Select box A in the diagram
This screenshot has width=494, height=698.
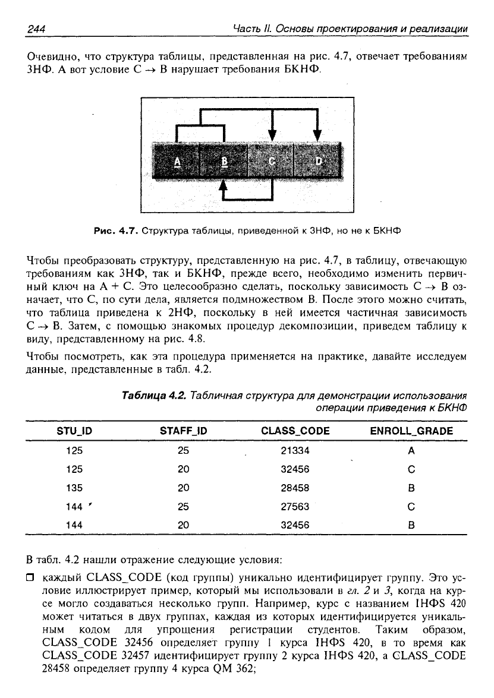coord(177,161)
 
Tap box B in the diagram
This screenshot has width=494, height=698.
coord(224,161)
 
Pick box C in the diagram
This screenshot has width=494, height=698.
coord(272,161)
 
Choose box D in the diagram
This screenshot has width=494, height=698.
coord(319,161)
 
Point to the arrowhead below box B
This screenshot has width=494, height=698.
coord(224,185)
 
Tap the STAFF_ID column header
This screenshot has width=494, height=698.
coord(183,431)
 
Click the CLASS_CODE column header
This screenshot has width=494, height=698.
coord(295,431)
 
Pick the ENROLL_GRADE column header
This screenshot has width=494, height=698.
coord(411,431)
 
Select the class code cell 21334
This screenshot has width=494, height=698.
coord(295,451)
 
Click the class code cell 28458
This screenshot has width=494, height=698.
coord(295,488)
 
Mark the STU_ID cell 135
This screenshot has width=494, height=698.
coord(74,488)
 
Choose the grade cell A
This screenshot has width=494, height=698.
coord(411,451)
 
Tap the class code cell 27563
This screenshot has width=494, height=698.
coord(295,507)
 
